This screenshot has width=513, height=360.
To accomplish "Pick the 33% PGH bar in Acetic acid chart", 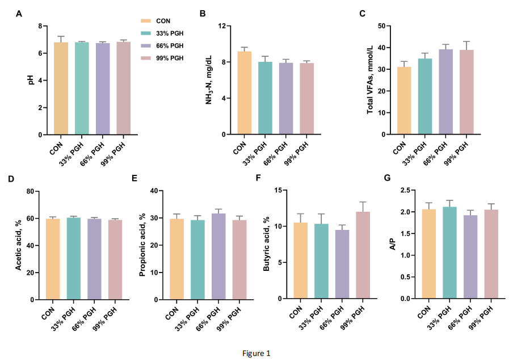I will pos(74,258).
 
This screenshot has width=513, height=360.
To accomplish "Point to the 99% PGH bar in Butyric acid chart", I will pos(363,255).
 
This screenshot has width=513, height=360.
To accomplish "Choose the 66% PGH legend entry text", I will pos(171,45).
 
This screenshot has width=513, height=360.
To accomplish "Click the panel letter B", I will pos(203,13).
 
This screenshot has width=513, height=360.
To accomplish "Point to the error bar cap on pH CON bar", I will pos(61,36).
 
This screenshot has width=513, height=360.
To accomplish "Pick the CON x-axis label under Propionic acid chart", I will pos(171,313).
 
